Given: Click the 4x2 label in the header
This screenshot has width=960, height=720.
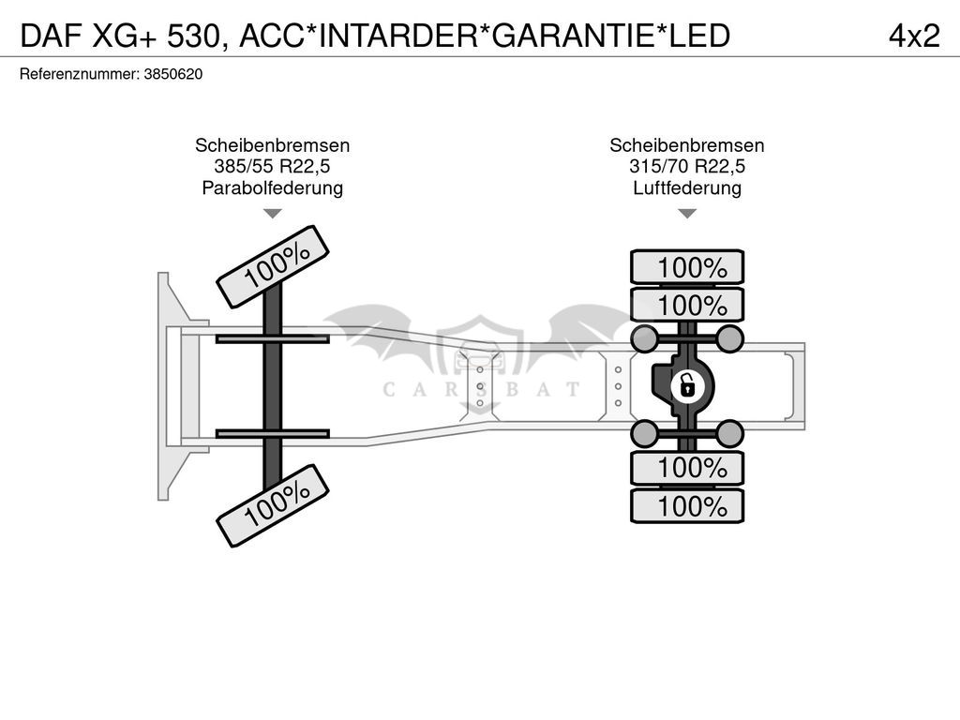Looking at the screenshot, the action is point(914,37).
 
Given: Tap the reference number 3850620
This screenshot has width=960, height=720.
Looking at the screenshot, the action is point(173,75).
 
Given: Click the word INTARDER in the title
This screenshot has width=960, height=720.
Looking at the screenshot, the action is point(397,37).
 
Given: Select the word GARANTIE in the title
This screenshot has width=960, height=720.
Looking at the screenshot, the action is point(573,37).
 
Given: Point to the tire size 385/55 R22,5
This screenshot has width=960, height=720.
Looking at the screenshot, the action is point(272,167).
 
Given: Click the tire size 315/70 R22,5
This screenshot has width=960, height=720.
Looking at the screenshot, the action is point(687,167).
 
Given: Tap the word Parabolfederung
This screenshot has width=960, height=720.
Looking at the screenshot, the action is point(273,187).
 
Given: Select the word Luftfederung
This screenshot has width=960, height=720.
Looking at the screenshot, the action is point(687,187).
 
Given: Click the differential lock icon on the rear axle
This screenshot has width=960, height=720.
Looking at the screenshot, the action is point(687,387).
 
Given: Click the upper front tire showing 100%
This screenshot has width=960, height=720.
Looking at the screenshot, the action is point(273,267).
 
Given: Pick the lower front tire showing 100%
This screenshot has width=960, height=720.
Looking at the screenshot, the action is point(273,505).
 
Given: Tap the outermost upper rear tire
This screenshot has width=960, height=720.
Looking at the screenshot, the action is point(687,267).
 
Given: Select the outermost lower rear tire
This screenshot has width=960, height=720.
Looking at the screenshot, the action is point(687,506).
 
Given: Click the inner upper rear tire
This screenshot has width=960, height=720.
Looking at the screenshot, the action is point(687,305).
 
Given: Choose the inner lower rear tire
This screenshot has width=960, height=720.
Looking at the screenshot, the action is point(687,469).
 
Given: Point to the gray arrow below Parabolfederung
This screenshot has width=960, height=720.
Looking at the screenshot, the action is point(273,214).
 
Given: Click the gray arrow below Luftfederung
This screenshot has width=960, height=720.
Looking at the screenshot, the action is point(687,214).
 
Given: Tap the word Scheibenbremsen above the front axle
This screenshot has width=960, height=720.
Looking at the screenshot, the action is point(273,145).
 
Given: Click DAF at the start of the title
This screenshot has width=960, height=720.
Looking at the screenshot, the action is point(51,37).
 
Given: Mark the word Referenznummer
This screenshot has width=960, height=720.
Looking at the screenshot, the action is point(79,75).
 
